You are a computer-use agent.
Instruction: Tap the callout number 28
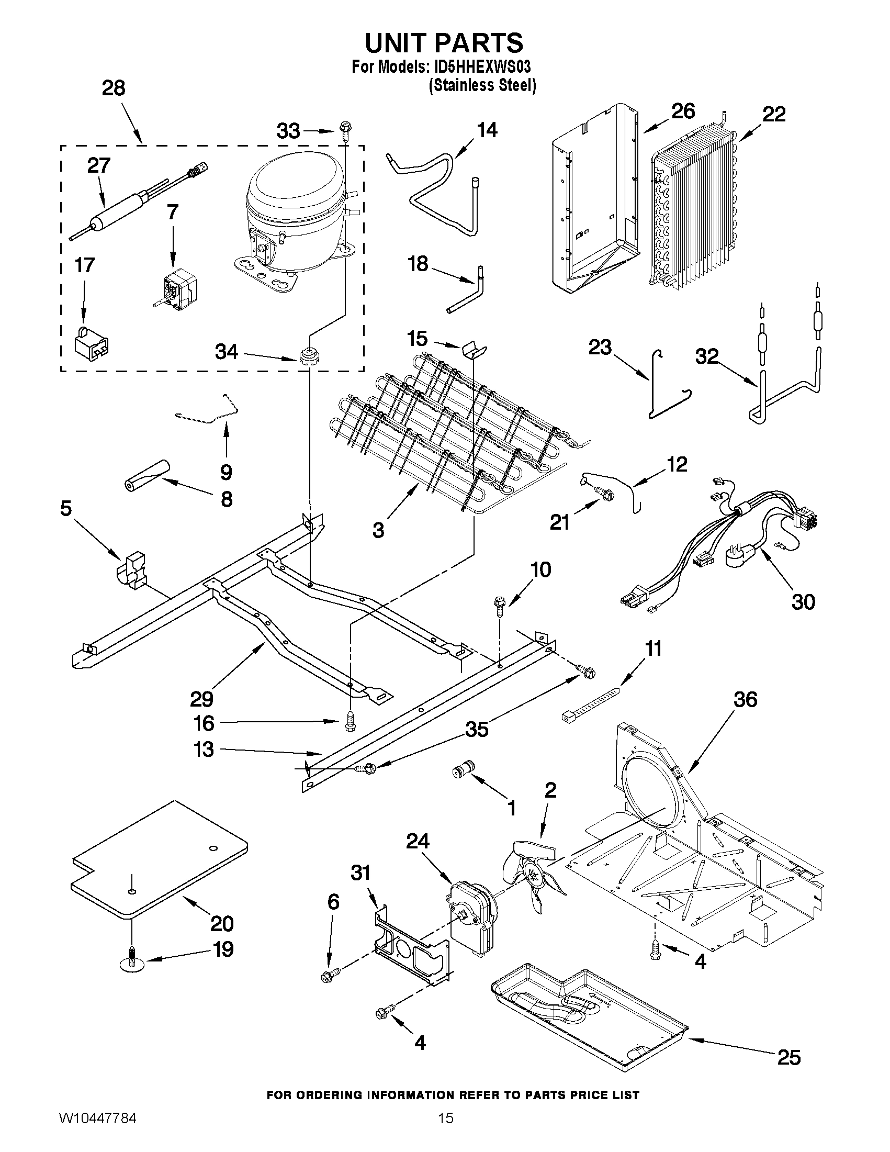click(x=114, y=88)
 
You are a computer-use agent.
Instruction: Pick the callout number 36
click(x=745, y=700)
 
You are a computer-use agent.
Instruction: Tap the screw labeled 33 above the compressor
click(x=346, y=128)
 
